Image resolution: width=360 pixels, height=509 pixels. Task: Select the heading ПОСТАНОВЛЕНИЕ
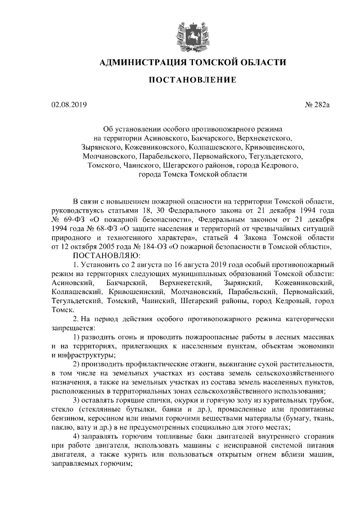[192, 80]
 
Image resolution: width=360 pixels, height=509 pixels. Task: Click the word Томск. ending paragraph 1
[62, 309]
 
